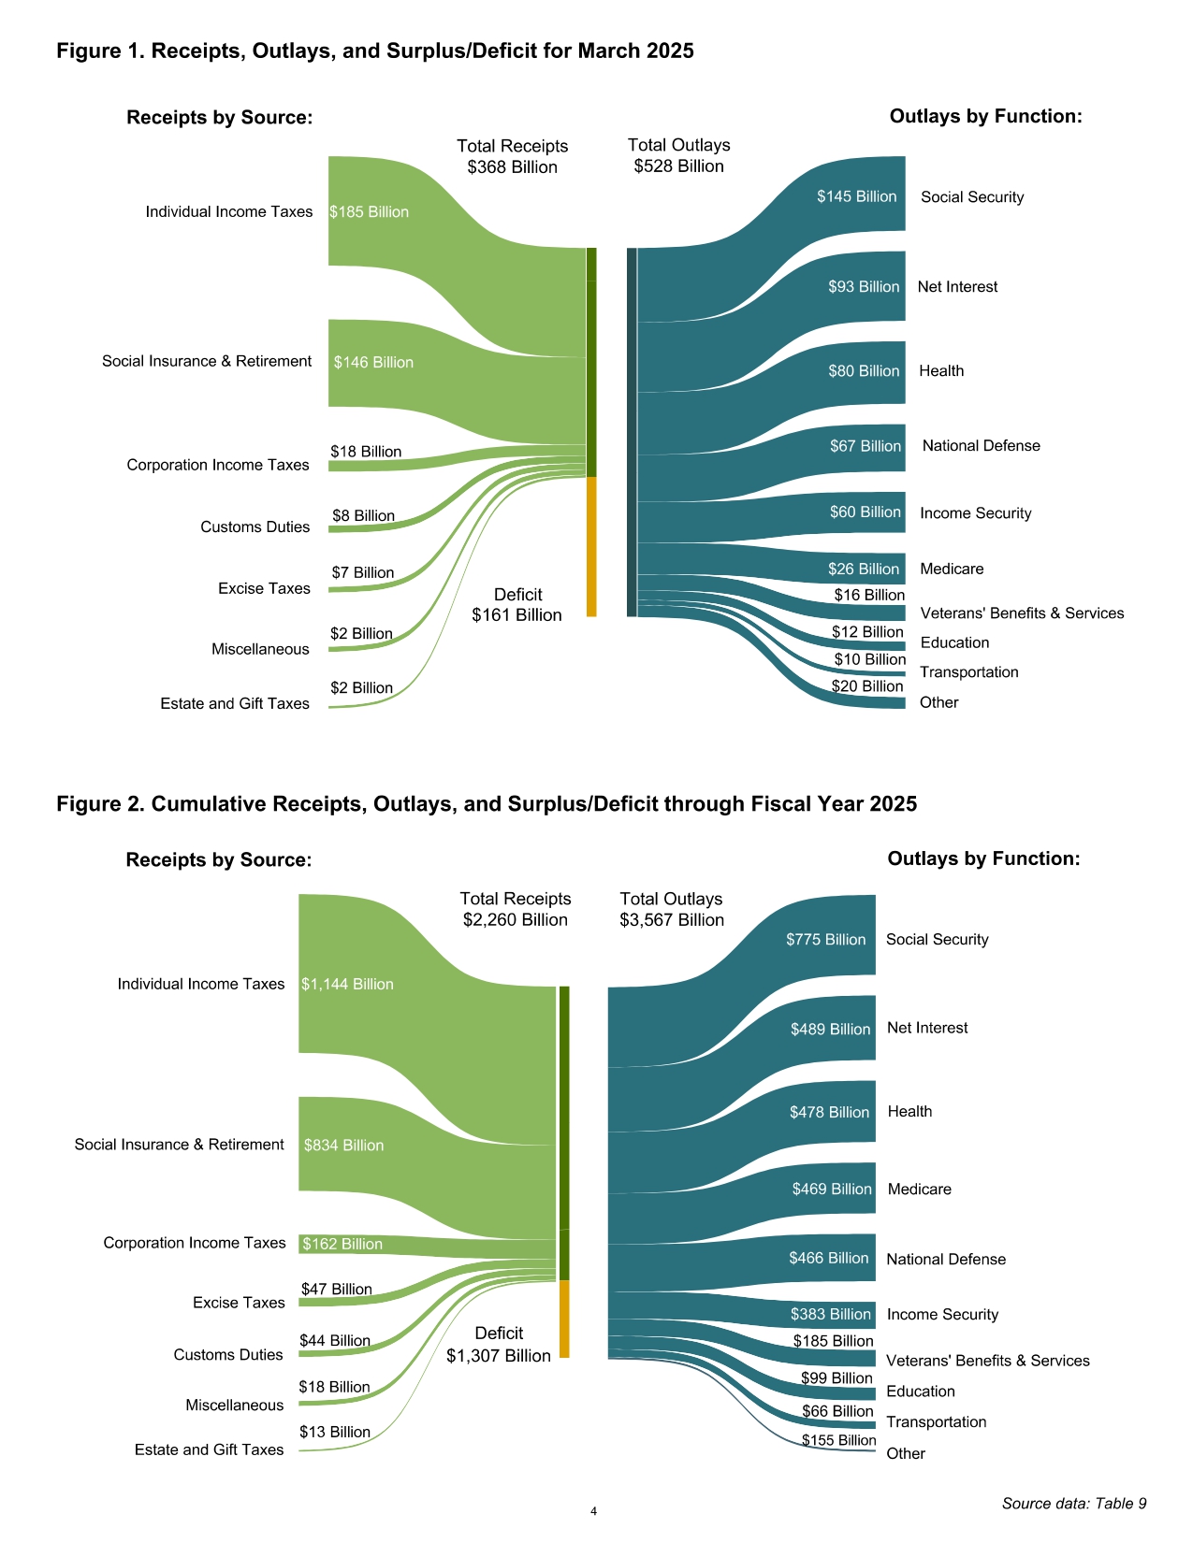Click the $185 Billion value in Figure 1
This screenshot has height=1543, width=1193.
click(370, 212)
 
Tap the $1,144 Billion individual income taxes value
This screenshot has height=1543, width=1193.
click(347, 985)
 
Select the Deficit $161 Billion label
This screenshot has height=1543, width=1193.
click(516, 605)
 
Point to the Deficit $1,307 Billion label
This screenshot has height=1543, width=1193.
click(499, 1345)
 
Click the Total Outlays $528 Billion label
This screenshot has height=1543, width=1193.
click(678, 155)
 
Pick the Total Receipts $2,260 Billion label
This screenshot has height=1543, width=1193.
click(516, 909)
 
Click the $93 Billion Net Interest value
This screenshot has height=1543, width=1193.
click(863, 287)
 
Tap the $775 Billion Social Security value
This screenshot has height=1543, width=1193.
click(825, 940)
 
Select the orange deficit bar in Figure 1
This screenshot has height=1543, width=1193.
click(591, 547)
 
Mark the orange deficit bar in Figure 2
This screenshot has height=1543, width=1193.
click(564, 1319)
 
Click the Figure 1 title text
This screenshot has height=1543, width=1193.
click(375, 50)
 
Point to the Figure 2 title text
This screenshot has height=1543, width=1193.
click(487, 804)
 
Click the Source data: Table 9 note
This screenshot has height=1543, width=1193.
click(1074, 1504)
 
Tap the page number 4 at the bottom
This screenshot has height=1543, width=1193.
click(593, 1511)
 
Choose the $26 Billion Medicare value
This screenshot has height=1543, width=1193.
click(863, 569)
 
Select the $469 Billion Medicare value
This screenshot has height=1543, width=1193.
click(832, 1190)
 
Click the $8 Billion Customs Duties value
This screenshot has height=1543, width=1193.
click(363, 516)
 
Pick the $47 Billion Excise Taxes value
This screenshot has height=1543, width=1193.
click(336, 1290)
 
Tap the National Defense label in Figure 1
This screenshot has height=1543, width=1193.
click(981, 446)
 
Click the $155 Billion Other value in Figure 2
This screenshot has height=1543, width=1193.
click(838, 1440)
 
